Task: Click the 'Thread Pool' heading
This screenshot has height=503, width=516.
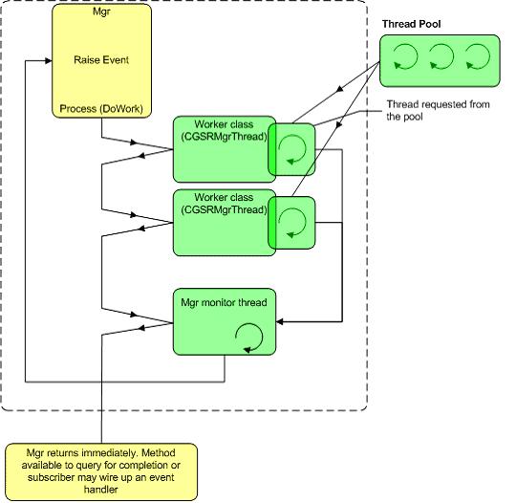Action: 411,24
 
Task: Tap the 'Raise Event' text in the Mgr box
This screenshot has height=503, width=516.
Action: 101,60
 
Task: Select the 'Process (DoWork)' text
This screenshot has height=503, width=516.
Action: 101,109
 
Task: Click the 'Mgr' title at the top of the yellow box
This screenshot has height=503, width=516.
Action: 101,11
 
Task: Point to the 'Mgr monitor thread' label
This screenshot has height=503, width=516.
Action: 224,302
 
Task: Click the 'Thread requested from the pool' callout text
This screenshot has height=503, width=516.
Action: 438,110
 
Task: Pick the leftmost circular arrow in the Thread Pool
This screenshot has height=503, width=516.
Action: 405,56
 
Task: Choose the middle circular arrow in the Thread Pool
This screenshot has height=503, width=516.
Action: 441,56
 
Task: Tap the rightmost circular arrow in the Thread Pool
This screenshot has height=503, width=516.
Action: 478,56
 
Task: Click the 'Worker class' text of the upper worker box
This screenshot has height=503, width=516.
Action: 224,124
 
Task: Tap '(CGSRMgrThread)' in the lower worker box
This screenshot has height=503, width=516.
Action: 224,209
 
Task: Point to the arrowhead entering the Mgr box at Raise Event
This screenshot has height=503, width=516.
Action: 49,60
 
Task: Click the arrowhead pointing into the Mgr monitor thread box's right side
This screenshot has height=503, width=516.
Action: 279,321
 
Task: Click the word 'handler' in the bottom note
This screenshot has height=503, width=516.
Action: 100,490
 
